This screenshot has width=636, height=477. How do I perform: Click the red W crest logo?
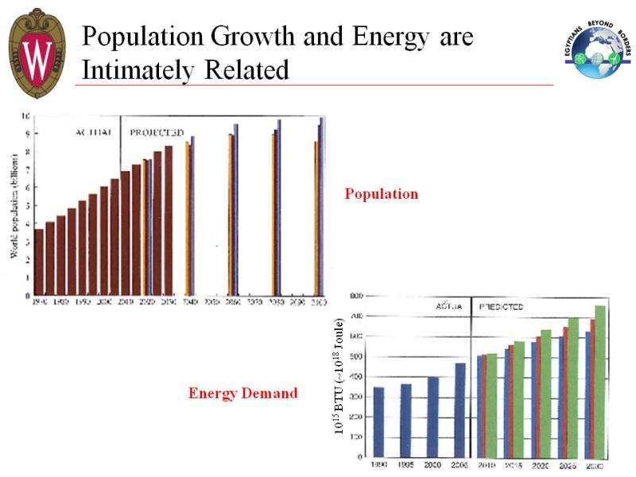[37, 52]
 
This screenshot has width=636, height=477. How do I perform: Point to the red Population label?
[381, 193]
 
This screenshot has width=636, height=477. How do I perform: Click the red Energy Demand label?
[242, 393]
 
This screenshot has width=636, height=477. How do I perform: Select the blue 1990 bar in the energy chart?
[379, 422]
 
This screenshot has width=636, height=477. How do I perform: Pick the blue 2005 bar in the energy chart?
[460, 410]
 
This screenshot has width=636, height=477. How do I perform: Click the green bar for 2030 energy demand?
[600, 382]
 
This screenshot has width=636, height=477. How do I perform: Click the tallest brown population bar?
[168, 221]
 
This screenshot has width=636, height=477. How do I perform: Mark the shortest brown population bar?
[39, 262]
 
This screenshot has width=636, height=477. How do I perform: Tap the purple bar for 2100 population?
[321, 207]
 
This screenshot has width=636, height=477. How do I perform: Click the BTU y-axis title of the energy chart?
[339, 374]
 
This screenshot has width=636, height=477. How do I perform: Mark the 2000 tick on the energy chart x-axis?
[433, 464]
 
